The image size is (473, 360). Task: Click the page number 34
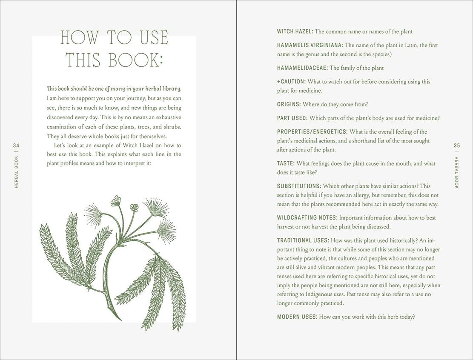(x=17, y=146)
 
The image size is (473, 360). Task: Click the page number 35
(x=457, y=146)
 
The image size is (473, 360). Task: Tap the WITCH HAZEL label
(x=295, y=31)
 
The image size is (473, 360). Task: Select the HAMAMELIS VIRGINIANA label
(x=310, y=45)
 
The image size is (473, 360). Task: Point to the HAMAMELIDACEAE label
(x=302, y=68)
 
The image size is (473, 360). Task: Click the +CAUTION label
(x=291, y=81)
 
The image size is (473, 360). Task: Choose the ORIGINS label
(x=289, y=104)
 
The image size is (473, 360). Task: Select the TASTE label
(x=285, y=163)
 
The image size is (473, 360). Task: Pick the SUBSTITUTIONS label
(x=299, y=186)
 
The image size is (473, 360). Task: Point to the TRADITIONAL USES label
(x=303, y=240)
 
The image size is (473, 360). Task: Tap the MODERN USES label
(x=297, y=317)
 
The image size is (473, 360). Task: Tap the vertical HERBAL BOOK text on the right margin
(x=457, y=173)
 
